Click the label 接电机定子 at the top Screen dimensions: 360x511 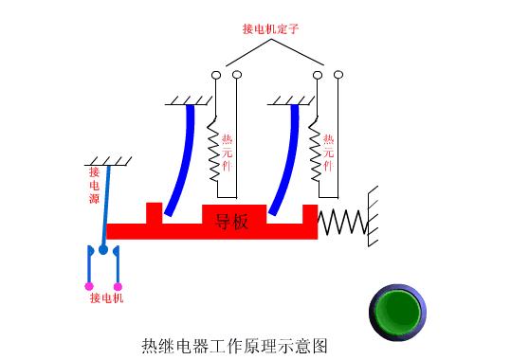click(x=270, y=28)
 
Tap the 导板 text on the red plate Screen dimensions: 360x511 click(x=231, y=223)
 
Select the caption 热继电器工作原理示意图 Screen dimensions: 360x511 click(x=236, y=345)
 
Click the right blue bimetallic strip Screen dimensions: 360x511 click(x=285, y=161)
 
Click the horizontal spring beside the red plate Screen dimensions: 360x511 click(x=342, y=223)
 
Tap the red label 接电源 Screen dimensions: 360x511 click(x=95, y=185)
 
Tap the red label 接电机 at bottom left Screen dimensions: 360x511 click(x=105, y=298)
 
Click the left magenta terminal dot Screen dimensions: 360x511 click(x=89, y=285)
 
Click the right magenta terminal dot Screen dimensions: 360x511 click(x=118, y=285)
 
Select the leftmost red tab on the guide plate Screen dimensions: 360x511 click(x=154, y=212)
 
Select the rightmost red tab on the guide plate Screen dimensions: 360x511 click(x=309, y=213)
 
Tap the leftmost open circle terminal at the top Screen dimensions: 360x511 click(x=216, y=74)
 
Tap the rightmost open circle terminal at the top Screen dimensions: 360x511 click(x=339, y=73)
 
